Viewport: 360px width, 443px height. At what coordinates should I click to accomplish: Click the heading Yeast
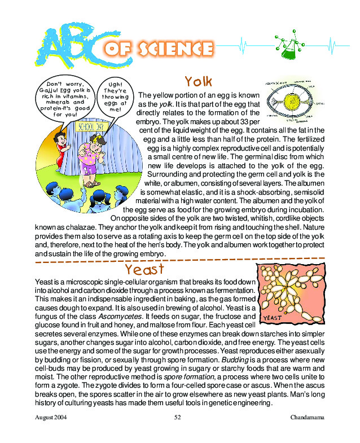click(146, 268)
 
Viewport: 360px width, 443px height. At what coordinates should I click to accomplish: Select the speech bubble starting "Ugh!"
click(115, 97)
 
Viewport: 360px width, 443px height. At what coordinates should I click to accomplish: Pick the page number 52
click(177, 417)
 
